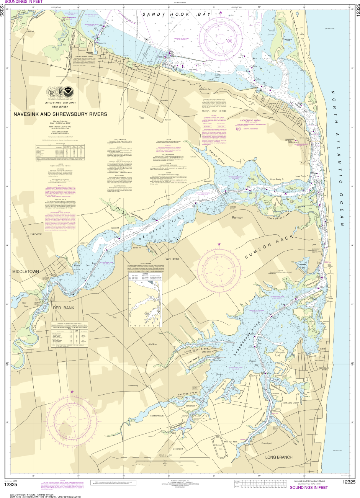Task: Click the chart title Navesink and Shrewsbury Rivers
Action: (x=55, y=114)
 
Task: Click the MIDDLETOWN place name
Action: (x=26, y=271)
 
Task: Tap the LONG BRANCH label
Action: (x=279, y=457)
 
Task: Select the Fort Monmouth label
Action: (x=157, y=416)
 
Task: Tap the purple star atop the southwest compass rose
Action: (x=72, y=392)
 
